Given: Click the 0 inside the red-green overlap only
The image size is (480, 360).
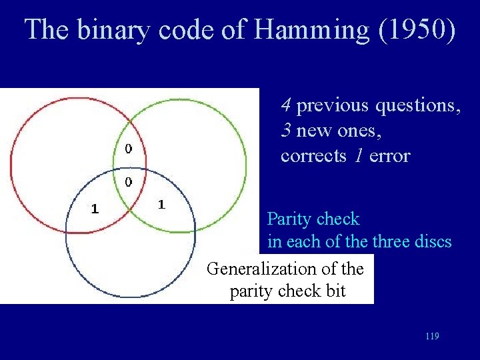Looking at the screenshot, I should [129, 148].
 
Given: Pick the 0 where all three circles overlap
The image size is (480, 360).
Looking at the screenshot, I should [128, 181].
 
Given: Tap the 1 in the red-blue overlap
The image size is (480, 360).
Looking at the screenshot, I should [95, 208].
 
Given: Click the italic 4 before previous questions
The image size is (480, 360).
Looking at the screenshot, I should [285, 105].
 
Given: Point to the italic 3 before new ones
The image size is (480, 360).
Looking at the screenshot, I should [285, 131].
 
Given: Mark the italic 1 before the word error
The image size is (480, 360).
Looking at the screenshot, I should [359, 156].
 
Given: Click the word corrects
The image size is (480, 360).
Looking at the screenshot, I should [313, 157].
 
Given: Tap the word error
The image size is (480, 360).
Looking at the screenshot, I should [389, 157].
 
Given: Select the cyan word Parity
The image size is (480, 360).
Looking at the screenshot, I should [289, 219].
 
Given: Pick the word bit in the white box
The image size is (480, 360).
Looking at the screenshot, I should [335, 291].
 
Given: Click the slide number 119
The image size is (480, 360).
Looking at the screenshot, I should [431, 337].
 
